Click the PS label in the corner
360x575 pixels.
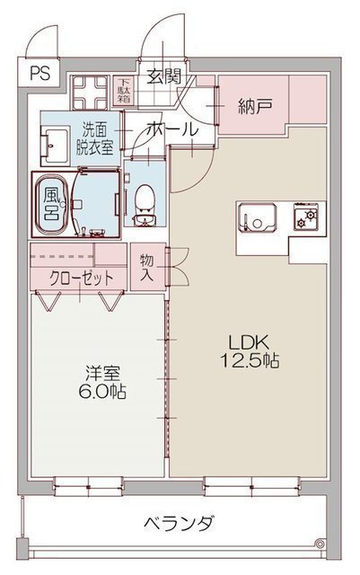(40, 74)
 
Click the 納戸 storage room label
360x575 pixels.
(255, 106)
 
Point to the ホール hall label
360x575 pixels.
(172, 129)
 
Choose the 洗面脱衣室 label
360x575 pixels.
(94, 138)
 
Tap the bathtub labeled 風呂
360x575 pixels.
(51, 204)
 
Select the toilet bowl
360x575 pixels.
(144, 205)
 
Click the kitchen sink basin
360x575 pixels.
(257, 217)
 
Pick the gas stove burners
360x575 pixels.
(306, 217)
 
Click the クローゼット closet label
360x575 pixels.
(81, 279)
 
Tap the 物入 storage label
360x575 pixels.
(146, 268)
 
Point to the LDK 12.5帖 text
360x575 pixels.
(250, 351)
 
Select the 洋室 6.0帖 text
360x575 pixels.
(102, 382)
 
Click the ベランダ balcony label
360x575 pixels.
(178, 523)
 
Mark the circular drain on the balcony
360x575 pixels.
(320, 543)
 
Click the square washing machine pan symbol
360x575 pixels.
(90, 93)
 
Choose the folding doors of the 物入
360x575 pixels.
(179, 267)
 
